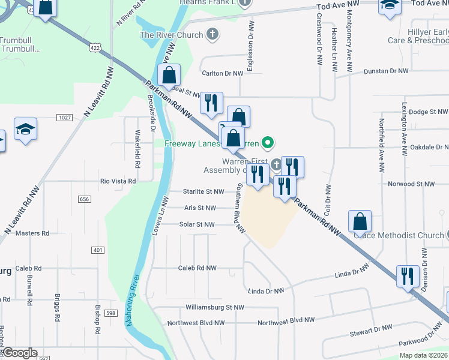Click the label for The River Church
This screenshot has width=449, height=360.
coord(171,35)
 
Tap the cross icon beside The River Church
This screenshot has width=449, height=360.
coord(211,35)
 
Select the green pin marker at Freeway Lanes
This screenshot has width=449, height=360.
coord(268,143)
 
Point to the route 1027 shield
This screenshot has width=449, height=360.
coord(65,118)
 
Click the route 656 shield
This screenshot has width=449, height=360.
coord(84,199)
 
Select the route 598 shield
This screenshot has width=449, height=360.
coord(109,313)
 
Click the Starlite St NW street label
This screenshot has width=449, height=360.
coord(203,192)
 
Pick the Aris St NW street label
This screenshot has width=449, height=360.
coord(200,208)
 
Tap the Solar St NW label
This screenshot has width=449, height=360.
coord(197,224)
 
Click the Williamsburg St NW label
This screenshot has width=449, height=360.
coord(215,307)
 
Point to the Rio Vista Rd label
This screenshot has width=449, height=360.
coord(118,181)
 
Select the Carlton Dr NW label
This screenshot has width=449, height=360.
coord(222,73)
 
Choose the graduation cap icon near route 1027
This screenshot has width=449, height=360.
coord(26,129)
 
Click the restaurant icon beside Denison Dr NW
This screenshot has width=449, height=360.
coord(408,276)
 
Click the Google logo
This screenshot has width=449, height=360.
coord(19,353)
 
